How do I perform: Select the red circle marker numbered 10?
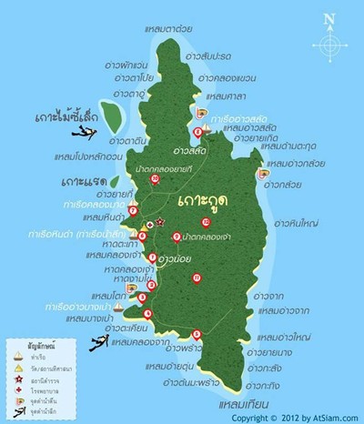156,179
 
